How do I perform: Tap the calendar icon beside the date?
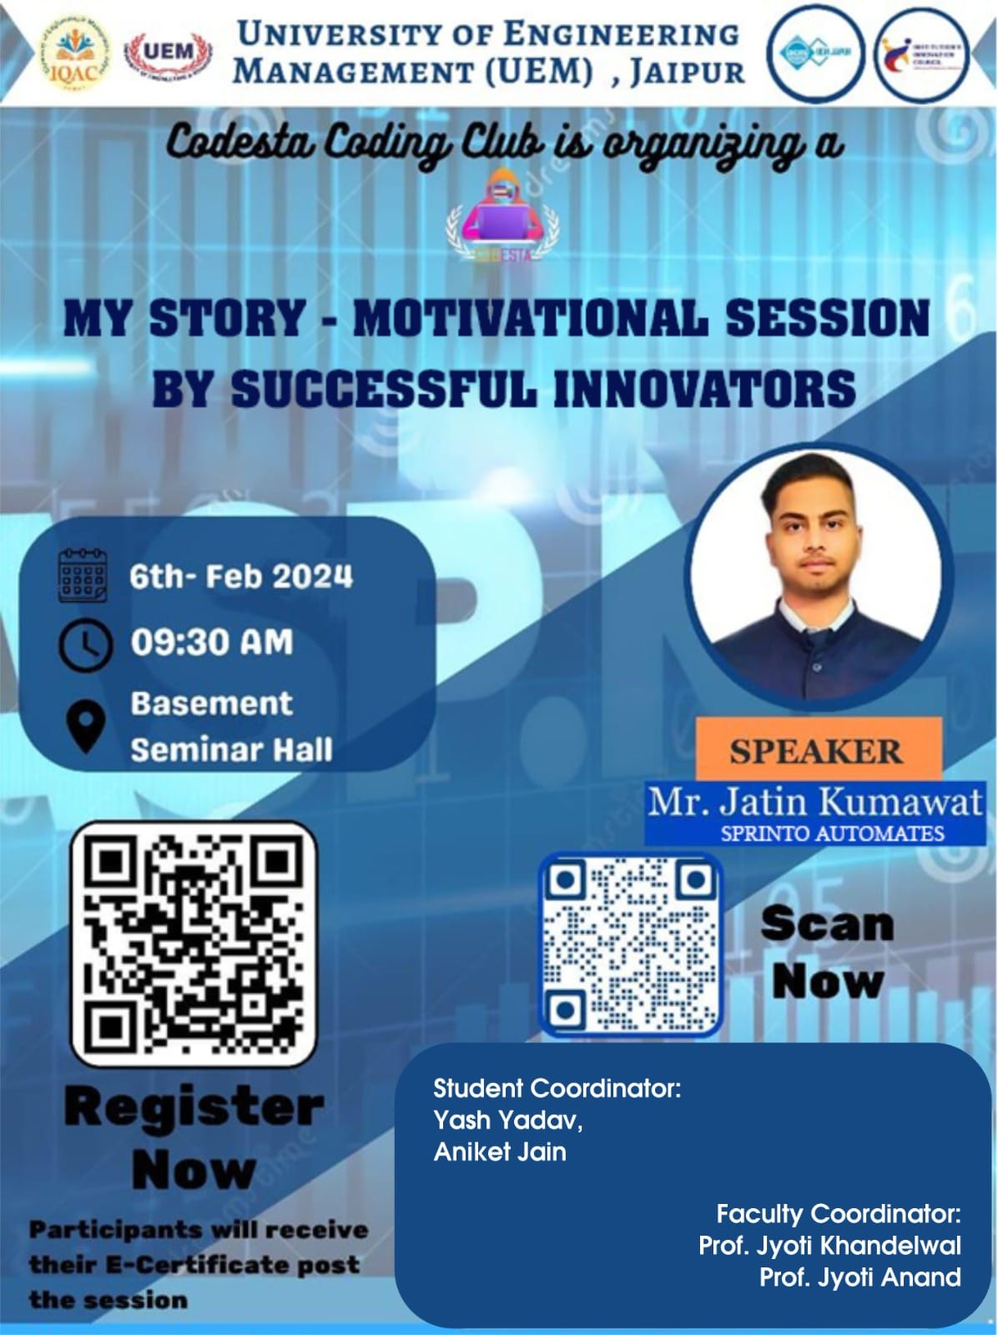tap(83, 576)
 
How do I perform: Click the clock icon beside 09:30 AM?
tap(84, 643)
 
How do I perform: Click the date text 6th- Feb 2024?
tap(240, 577)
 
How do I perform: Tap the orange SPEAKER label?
tap(815, 751)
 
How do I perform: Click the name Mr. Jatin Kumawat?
tap(815, 802)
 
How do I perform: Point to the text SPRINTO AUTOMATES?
tap(832, 833)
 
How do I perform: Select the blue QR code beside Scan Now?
tap(631, 945)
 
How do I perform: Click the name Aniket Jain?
tap(500, 1152)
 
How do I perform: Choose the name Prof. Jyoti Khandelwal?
tap(829, 1246)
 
